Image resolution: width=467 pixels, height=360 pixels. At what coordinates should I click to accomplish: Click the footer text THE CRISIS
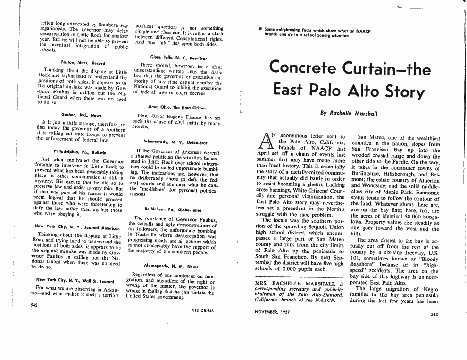202,310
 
